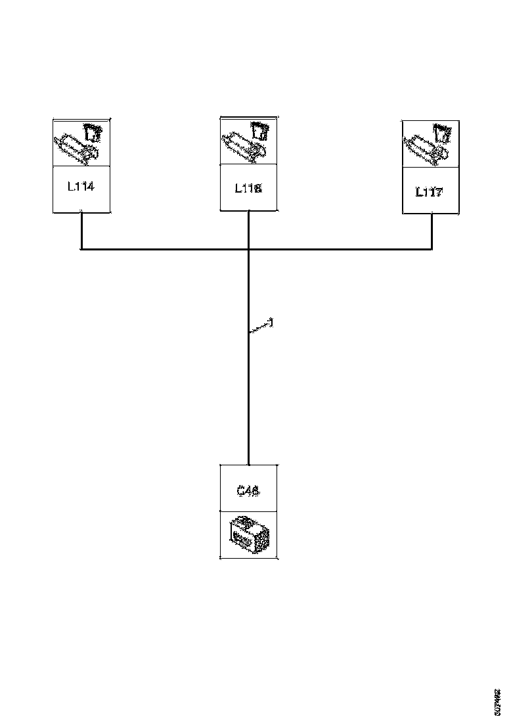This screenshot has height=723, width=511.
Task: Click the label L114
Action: [81, 187]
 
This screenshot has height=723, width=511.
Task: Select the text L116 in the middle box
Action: [248, 188]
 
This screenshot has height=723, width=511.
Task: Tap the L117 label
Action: [430, 192]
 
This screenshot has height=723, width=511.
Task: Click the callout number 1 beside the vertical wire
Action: [271, 322]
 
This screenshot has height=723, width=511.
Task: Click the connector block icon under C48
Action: [248, 535]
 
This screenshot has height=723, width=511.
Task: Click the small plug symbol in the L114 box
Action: [93, 133]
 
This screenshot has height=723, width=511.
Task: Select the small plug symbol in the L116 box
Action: [261, 131]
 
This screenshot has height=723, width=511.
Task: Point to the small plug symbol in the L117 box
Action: [443, 135]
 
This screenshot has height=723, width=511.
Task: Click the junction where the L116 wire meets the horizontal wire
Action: [248, 250]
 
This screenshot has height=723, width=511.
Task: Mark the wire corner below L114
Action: [81, 249]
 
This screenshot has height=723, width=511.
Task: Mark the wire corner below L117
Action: [432, 249]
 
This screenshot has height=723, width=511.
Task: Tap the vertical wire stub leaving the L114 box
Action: [81, 230]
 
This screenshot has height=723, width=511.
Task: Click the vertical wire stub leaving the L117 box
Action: [432, 231]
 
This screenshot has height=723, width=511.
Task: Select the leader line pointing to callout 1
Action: [259, 327]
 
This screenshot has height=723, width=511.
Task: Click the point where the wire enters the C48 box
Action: [248, 464]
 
